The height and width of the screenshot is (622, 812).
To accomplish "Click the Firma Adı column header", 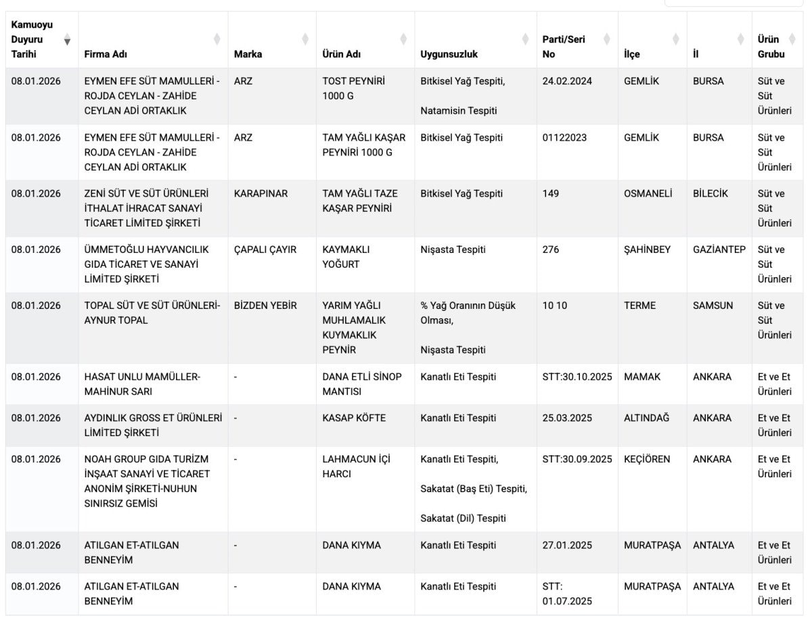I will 106,54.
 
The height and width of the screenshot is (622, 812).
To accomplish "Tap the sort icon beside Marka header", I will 305,39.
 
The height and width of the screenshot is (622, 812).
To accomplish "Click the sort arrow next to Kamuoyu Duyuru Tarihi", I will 67,41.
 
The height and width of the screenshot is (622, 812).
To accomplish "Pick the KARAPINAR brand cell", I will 261,193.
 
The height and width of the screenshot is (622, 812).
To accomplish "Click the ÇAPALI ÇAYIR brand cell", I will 265,249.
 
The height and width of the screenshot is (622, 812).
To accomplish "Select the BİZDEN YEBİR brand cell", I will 265,306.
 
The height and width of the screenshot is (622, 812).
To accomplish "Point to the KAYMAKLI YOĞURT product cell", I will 351,257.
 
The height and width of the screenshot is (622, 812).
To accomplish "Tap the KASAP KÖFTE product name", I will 354,418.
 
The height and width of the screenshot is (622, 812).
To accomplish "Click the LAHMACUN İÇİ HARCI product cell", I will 356,466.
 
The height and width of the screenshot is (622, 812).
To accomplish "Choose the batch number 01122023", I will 564,137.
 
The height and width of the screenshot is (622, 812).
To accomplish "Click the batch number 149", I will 551,193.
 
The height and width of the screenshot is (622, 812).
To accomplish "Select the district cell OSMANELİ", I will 648,193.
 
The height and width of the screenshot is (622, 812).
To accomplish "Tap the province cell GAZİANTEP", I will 719,249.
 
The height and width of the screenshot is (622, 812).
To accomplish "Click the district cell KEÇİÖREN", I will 646,459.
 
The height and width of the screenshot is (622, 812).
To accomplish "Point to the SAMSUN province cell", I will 713,306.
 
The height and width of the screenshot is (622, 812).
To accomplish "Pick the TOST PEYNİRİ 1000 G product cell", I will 353,88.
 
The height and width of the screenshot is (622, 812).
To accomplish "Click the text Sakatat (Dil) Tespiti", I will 463,519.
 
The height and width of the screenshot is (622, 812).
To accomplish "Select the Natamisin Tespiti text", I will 458,110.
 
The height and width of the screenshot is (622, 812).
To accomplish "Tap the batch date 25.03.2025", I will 567,418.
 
